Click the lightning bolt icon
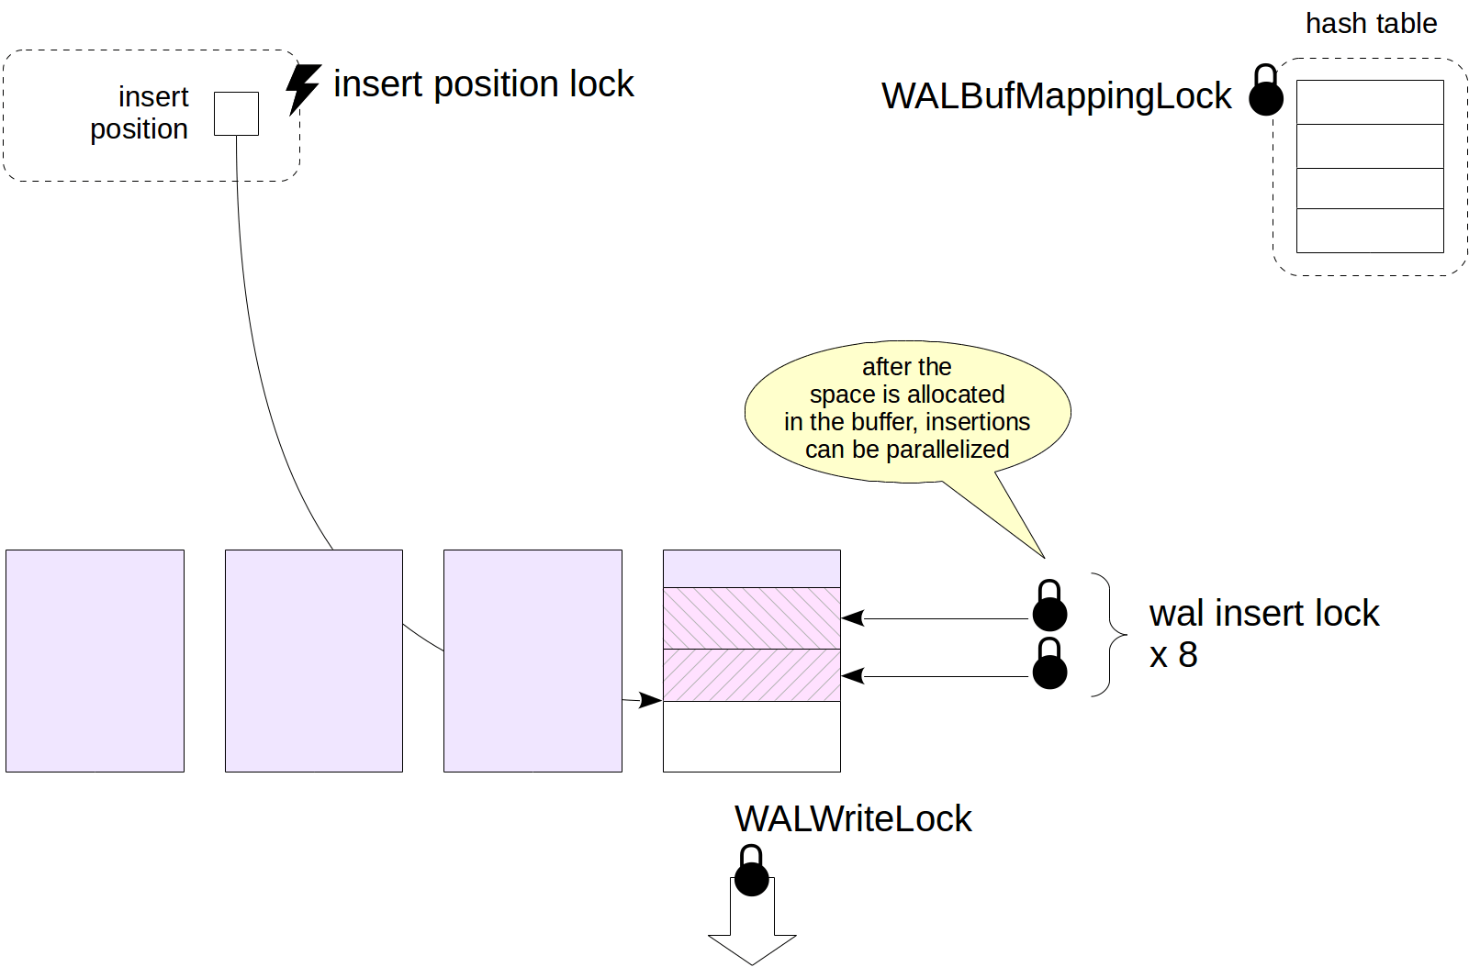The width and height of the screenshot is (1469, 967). [x=302, y=88]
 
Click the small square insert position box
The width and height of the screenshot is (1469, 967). [x=236, y=114]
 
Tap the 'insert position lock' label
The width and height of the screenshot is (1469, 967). [x=483, y=84]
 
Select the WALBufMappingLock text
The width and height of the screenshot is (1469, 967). [x=1056, y=96]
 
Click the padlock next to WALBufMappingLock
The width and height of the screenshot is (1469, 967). [x=1265, y=92]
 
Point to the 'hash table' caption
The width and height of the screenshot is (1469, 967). [x=1371, y=24]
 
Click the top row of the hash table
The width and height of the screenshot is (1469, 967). [x=1370, y=102]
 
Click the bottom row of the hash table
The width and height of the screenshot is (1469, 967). [x=1370, y=230]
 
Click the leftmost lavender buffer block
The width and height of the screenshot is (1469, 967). [x=95, y=661]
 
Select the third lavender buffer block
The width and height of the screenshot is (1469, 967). [x=533, y=661]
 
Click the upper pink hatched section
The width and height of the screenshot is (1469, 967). [x=751, y=617]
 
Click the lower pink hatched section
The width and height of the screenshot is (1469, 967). [x=751, y=675]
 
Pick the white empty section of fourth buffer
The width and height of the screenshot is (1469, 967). [x=751, y=737]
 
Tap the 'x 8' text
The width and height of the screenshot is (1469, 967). [x=1173, y=655]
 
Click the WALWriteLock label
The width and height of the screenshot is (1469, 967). [x=853, y=818]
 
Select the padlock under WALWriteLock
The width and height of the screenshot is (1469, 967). [x=751, y=873]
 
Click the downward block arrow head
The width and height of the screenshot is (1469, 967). [x=752, y=947]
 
